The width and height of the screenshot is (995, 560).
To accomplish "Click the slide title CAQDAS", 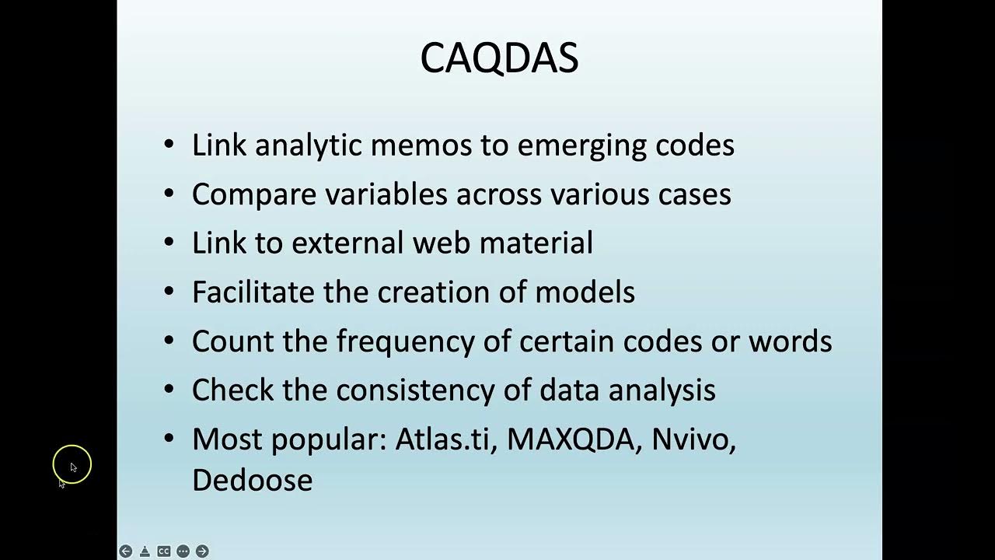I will point(499,58).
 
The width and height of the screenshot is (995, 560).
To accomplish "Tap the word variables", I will point(386,194).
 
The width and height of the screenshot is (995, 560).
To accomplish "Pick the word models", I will point(585,292).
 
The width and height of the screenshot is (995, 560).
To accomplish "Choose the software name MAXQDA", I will point(571,439).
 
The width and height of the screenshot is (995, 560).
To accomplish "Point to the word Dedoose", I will point(252,480).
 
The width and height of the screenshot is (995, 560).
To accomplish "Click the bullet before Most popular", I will point(169,438).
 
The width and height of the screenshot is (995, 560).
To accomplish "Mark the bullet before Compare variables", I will point(169,193).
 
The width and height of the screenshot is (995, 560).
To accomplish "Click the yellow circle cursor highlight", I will point(72,465).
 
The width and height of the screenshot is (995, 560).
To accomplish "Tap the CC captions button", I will point(164,551).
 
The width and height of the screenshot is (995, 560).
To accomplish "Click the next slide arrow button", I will point(202,551).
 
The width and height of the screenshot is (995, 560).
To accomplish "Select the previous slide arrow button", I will point(126,551).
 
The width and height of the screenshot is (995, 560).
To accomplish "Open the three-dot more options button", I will point(183,551).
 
